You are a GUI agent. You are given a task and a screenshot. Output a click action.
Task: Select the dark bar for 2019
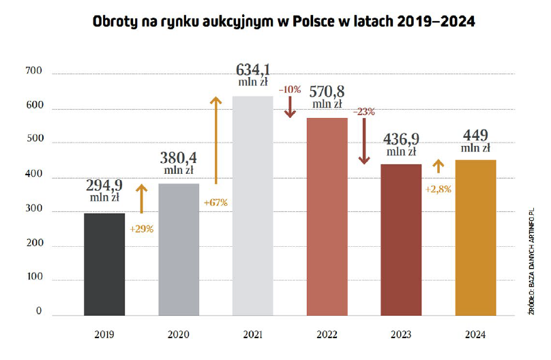tap(104, 264)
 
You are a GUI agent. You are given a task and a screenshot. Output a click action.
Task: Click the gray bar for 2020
tap(179, 249)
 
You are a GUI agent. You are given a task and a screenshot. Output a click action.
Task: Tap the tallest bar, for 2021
tap(253, 205)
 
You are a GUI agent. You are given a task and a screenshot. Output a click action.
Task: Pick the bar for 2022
tap(327, 216)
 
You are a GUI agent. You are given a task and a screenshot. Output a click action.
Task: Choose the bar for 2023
tap(402, 239)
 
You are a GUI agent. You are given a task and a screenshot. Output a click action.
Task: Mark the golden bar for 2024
tap(476, 237)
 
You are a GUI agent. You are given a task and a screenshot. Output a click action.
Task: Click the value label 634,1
tap(253, 70)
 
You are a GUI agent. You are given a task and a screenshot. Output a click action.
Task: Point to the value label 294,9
tap(104, 186)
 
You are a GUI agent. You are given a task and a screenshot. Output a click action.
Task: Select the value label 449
tap(475, 134)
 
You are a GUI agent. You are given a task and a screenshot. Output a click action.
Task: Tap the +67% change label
tap(215, 202)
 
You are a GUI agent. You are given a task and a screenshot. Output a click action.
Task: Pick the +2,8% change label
tap(438, 189)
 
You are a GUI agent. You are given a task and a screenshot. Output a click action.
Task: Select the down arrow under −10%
tap(290, 106)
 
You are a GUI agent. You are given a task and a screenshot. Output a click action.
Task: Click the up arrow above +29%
tap(141, 198)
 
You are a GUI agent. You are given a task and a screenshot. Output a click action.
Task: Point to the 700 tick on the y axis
tap(34, 72)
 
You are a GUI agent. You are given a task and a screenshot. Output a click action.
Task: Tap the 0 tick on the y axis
tap(39, 312)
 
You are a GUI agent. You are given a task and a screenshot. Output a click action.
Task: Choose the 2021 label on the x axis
tap(253, 335)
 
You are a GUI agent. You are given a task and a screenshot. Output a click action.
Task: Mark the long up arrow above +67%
tap(215, 140)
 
